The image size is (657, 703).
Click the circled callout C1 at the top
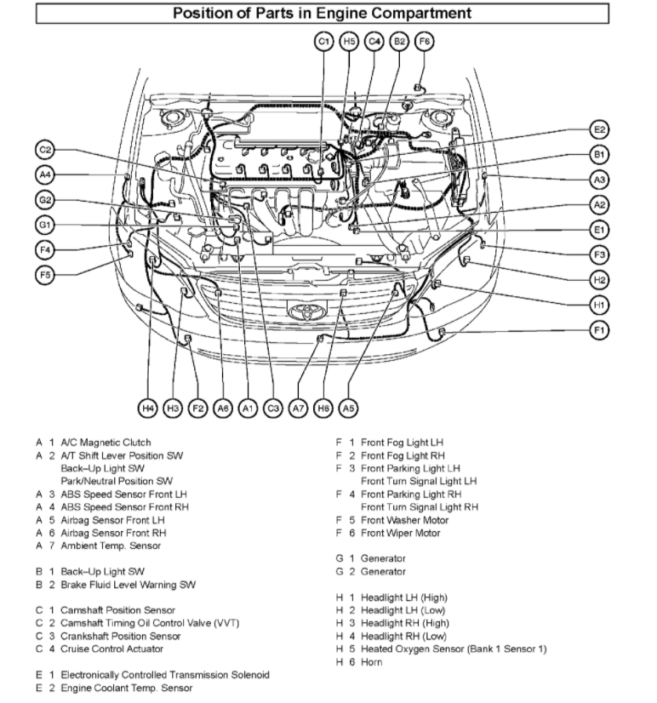323,41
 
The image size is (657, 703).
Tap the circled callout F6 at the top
425,41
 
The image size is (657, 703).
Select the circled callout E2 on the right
600,129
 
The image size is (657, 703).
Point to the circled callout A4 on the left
45,175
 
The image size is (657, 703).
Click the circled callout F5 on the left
45,274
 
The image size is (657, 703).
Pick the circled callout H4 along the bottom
148,409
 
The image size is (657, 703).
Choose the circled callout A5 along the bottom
348,409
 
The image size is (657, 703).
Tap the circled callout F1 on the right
600,330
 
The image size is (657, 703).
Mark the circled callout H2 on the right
600,279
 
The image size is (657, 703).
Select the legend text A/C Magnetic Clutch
106,443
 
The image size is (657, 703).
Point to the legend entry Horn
371,662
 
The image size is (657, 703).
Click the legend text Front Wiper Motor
401,533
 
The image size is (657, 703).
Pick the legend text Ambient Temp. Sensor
111,546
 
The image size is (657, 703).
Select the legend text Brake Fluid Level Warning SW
128,585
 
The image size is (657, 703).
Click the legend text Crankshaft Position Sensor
120,636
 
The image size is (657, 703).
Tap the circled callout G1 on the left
45,225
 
